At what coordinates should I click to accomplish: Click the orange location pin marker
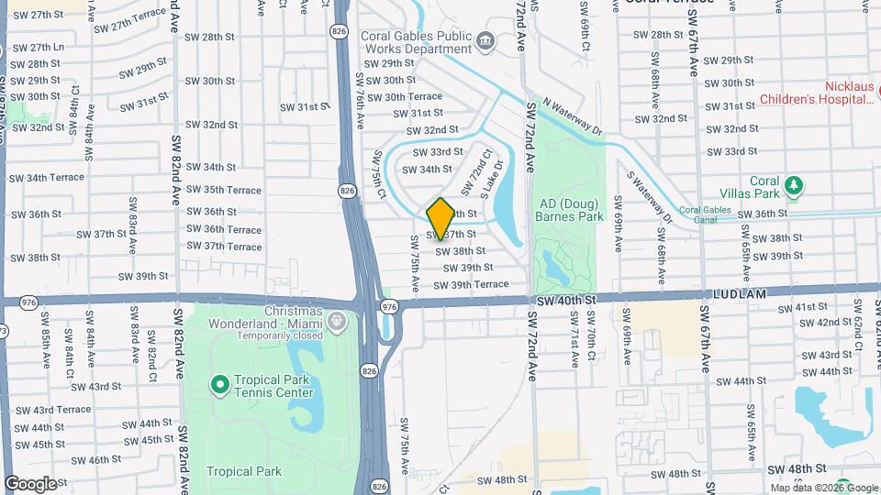440,218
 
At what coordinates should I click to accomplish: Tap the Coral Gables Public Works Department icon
485,41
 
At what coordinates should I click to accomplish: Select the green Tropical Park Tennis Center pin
219,382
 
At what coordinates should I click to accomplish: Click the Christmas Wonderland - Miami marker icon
336,320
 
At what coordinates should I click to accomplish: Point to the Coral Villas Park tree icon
795,187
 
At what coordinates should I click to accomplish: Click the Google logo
30,483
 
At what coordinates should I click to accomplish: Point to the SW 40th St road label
567,299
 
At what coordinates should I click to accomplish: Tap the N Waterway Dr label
572,117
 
